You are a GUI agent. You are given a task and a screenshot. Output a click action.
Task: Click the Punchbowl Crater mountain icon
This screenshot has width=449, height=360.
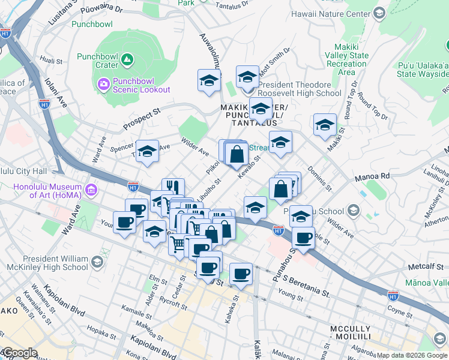[127, 59]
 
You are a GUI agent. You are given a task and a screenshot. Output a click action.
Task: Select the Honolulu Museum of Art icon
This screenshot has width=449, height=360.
[91, 190]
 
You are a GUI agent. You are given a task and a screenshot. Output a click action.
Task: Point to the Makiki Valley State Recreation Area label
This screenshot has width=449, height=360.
[346, 59]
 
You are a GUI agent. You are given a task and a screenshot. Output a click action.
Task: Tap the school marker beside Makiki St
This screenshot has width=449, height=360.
[325, 125]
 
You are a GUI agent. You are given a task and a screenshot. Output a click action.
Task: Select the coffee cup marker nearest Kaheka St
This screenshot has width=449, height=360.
[241, 274]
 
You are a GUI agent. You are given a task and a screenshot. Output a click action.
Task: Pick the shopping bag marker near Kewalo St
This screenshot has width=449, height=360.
[238, 154]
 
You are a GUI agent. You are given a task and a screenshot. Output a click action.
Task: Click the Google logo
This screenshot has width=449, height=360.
[19, 353]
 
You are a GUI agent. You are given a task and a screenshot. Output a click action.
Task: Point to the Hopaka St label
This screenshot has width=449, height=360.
[100, 331]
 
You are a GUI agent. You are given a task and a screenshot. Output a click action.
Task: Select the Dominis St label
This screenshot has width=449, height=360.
[319, 179]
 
